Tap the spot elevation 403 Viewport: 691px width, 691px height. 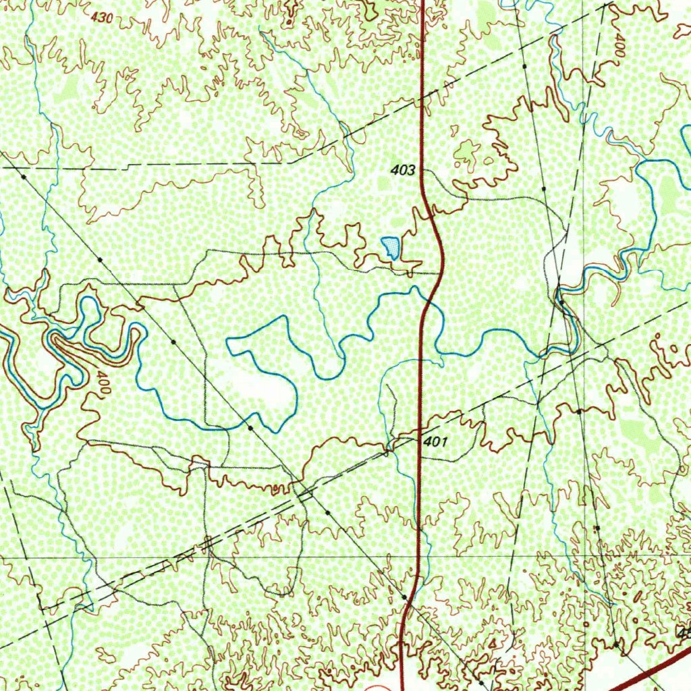click(402, 171)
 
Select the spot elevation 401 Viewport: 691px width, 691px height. click(436, 442)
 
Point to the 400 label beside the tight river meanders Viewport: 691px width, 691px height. click(102, 383)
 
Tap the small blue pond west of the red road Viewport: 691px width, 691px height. click(390, 248)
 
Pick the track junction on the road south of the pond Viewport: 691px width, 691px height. click(441, 273)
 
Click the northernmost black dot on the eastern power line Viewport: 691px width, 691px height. click(524, 67)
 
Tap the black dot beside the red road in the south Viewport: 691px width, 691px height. click(404, 597)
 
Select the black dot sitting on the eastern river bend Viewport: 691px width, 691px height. click(561, 302)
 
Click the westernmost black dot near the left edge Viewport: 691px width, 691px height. click(24, 176)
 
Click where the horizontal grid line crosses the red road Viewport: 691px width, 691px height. click(418, 557)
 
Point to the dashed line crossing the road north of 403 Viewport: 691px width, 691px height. click(422, 102)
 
